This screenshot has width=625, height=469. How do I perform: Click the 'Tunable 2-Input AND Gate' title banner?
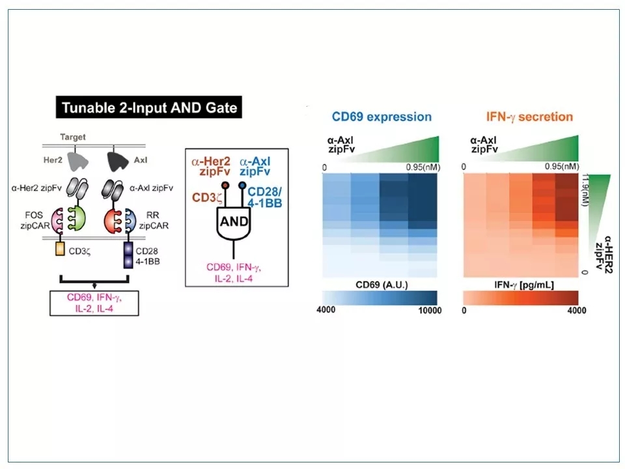point(150,108)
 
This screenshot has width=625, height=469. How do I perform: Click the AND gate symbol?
point(233,221)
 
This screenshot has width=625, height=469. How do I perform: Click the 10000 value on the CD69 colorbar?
point(427,311)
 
